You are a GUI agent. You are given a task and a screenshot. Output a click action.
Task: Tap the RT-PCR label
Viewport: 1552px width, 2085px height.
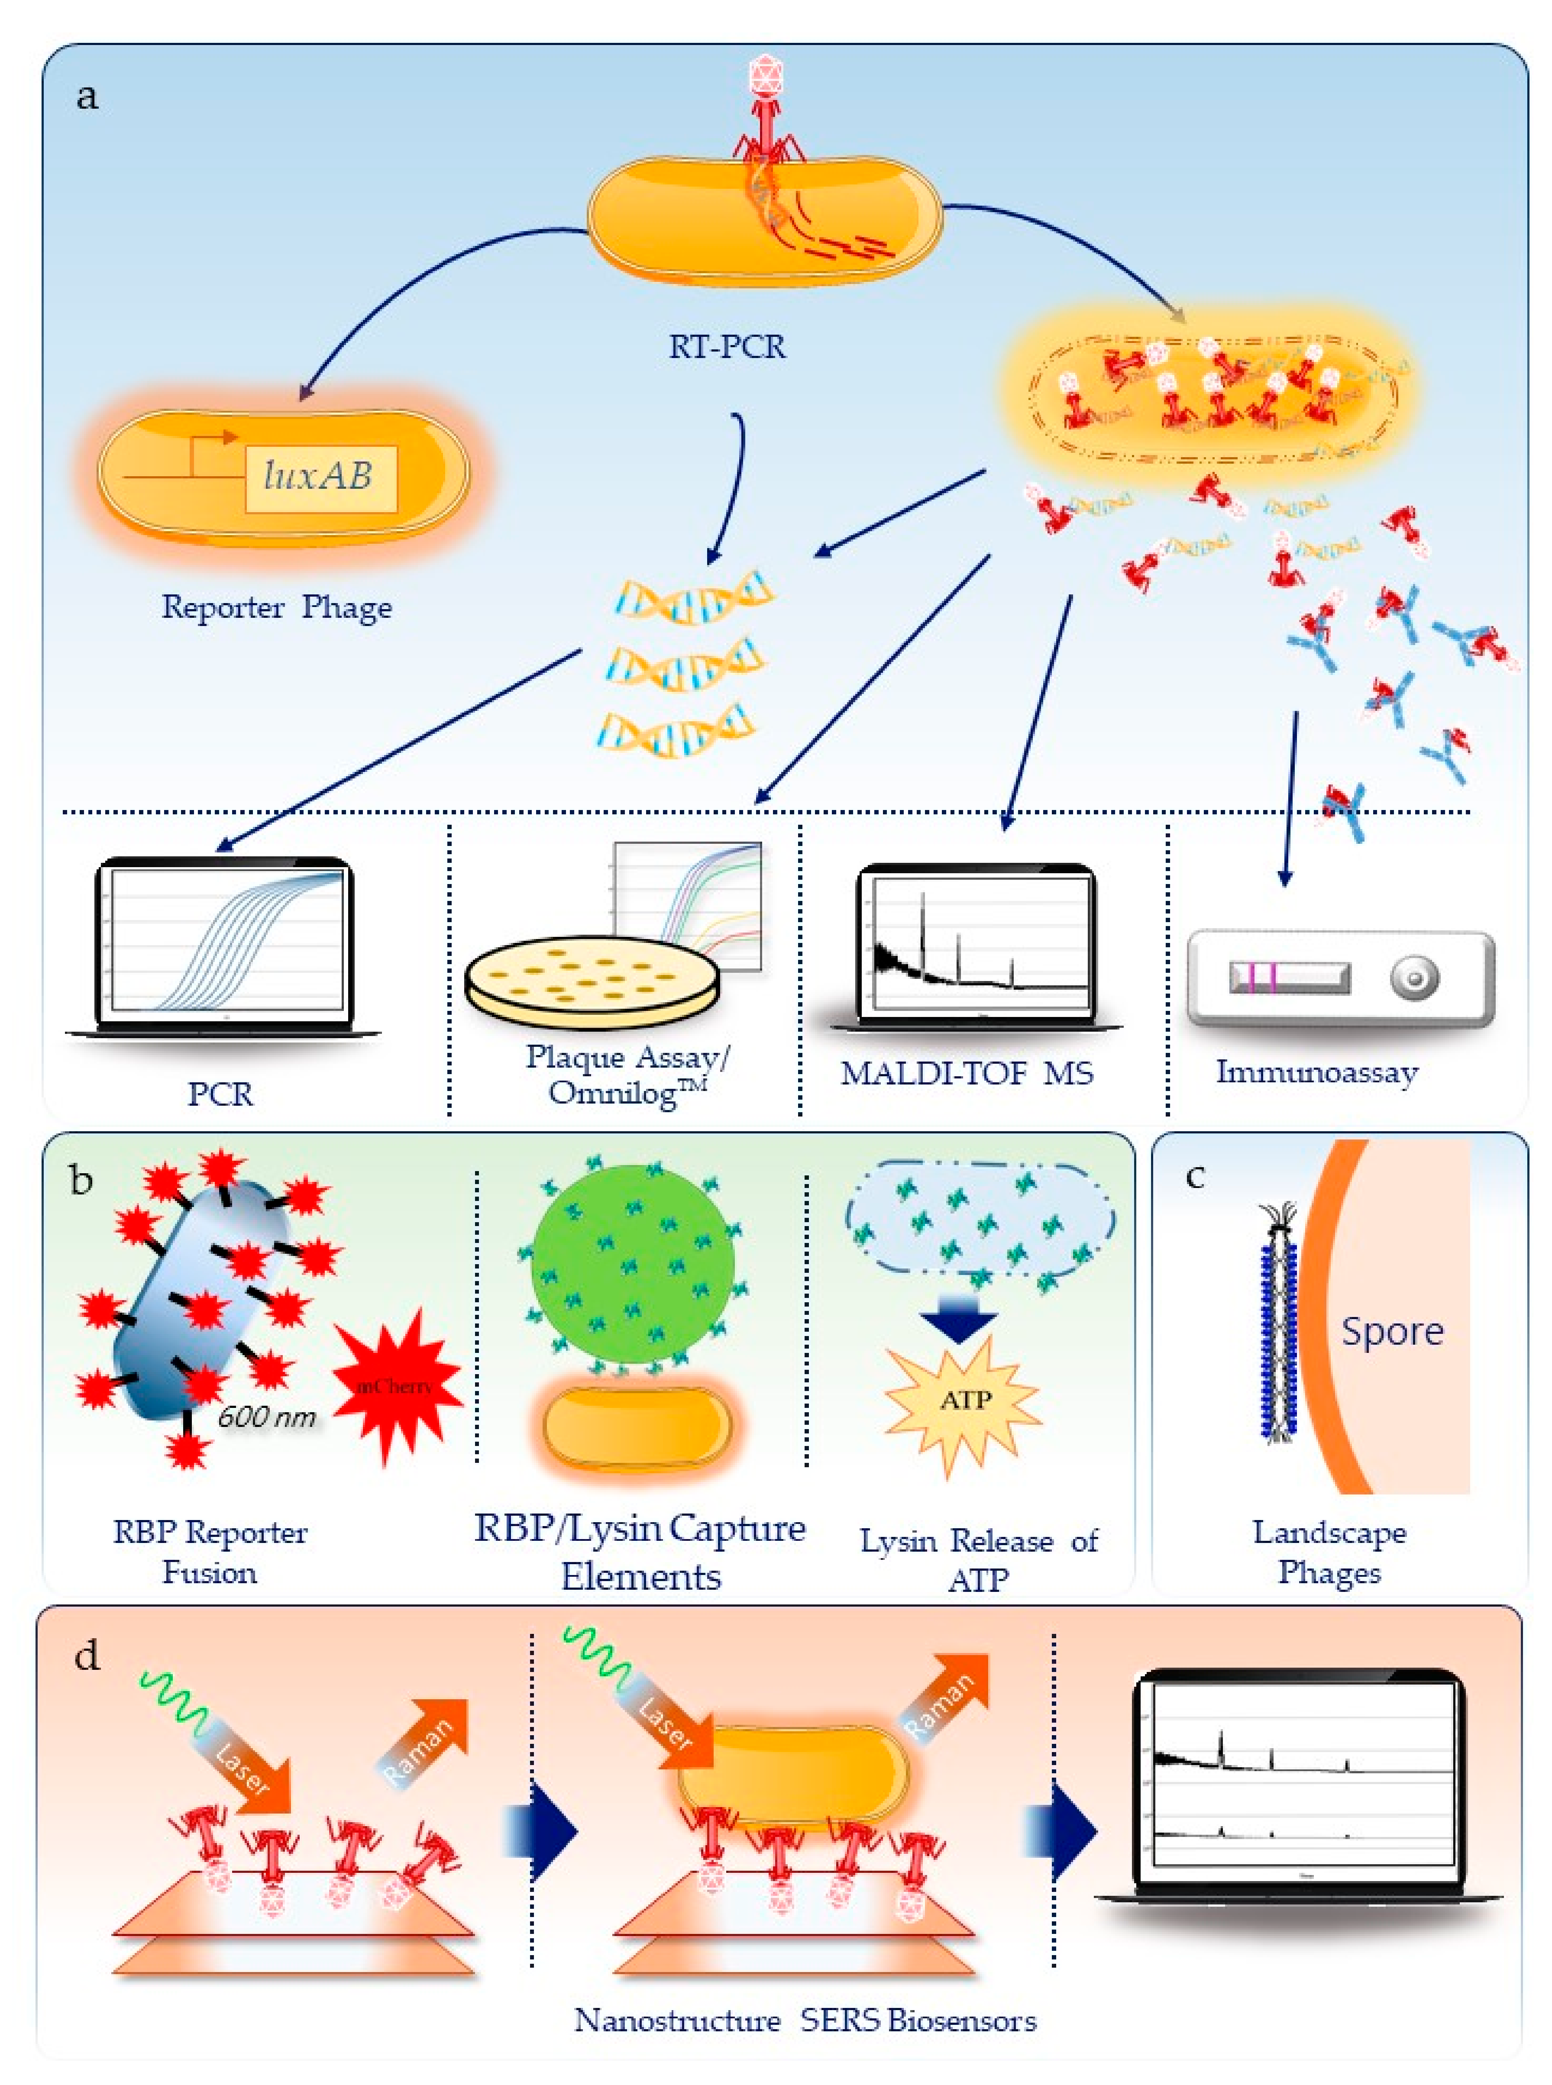(x=726, y=346)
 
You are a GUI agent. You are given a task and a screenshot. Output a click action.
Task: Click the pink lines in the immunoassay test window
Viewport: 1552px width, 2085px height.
(x=1259, y=977)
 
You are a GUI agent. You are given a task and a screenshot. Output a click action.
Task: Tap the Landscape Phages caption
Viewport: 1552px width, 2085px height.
(x=1329, y=1552)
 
